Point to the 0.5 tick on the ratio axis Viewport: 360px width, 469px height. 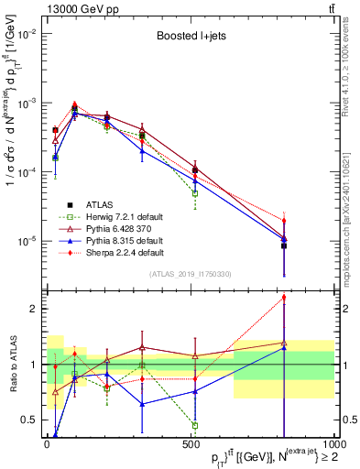[x=30, y=420]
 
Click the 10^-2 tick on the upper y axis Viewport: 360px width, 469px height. [x=26, y=34]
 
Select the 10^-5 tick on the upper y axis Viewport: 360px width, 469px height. [x=26, y=241]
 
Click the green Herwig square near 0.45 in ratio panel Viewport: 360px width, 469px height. [x=195, y=425]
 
